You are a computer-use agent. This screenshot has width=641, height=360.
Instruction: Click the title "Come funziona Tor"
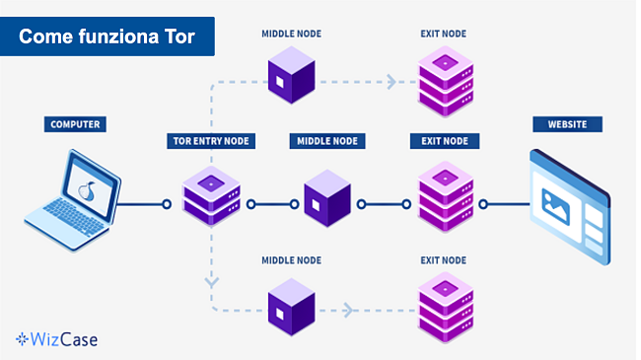coord(107,36)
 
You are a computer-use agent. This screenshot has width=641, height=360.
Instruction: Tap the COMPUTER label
coord(74,125)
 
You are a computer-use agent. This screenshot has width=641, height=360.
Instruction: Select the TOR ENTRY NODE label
coord(210,141)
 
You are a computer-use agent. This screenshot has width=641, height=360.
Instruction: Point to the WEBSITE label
coord(567,125)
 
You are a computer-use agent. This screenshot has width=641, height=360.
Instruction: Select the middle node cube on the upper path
coord(291,75)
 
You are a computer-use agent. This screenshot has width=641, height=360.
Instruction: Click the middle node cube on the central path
coord(326,200)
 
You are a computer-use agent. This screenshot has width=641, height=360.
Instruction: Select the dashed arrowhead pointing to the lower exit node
coord(348,310)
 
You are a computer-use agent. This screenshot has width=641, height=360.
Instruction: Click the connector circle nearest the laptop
coord(167,205)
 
